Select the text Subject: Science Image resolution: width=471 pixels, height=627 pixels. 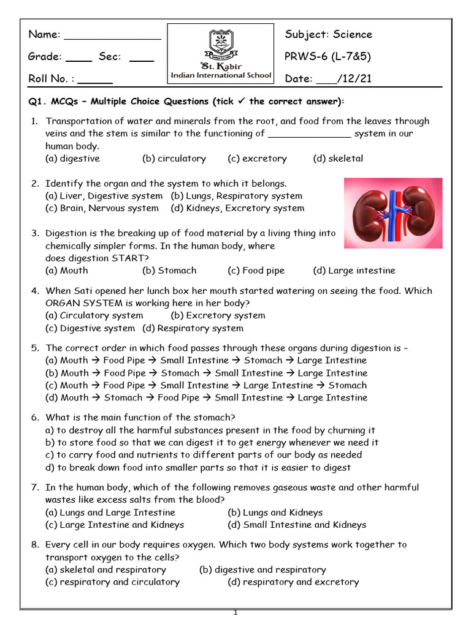(x=328, y=34)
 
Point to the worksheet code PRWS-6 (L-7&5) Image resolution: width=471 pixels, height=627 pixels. (x=328, y=56)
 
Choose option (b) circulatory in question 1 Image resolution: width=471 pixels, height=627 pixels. (x=174, y=159)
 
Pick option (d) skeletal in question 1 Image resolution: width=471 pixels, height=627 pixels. (x=338, y=159)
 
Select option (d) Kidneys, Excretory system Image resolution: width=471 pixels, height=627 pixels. (x=237, y=208)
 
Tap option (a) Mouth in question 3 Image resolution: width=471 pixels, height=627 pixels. (x=67, y=271)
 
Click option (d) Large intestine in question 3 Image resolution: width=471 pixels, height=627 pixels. (x=354, y=271)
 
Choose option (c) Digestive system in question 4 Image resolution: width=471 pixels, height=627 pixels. (x=90, y=328)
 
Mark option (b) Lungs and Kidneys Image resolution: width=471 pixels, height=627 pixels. (x=275, y=512)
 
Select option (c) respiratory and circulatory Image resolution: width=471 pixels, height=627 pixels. (x=113, y=582)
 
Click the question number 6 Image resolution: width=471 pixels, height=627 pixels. (x=35, y=418)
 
